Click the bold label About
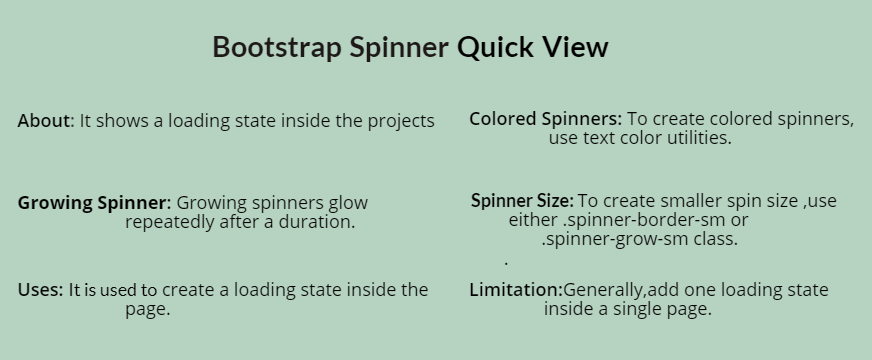pos(44,121)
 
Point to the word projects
pos(401,122)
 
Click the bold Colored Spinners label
pos(545,119)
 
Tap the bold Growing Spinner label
pos(94,203)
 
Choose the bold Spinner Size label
pos(521,201)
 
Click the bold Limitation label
pos(515,290)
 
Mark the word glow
pos(348,203)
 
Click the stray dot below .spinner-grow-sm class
pos(507,263)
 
